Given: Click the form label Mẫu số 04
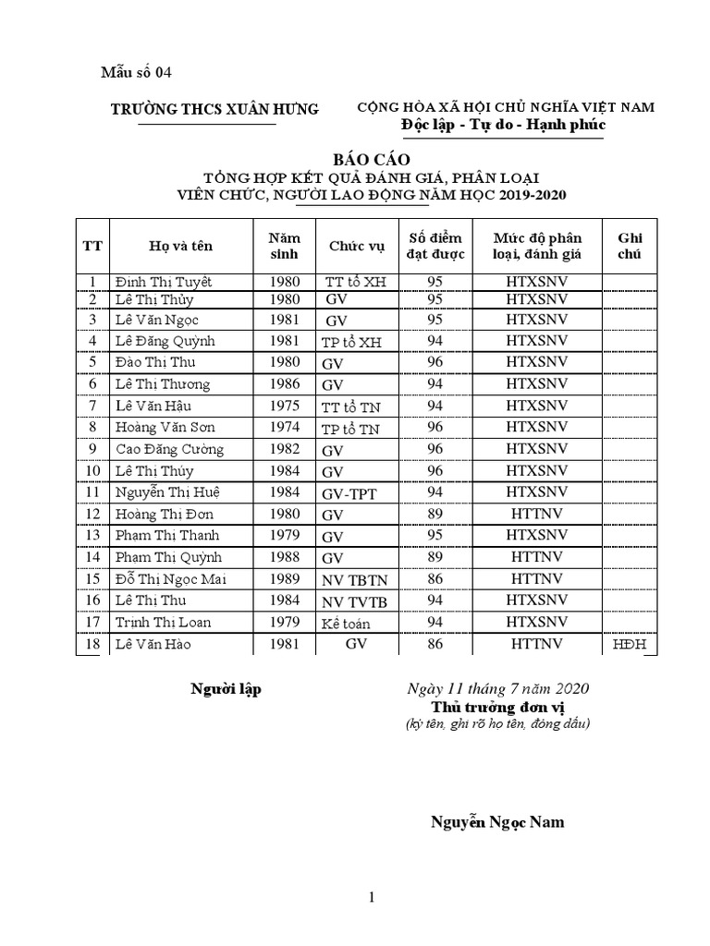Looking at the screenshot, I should pos(136,72).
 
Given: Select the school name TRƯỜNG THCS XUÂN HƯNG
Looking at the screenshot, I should pos(214,109).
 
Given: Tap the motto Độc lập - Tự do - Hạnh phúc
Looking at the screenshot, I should pos(504,126).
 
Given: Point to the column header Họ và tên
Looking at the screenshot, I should pos(181,246).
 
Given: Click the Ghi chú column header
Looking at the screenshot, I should pos(630,246).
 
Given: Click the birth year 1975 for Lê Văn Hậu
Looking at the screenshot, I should pos(284,406).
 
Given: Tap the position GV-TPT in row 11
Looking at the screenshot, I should pos(349,493).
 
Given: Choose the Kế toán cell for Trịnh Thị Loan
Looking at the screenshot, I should pos(345,624).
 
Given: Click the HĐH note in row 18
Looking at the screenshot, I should pos(630,644).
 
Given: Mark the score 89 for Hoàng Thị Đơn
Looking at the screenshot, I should pos(435,514).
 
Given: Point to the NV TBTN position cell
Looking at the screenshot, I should pos(352,580).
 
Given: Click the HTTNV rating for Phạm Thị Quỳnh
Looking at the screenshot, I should pos(536,557).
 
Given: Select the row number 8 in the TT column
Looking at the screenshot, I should pos(92,428).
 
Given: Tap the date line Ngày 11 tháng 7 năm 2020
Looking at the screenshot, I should pos(498,689).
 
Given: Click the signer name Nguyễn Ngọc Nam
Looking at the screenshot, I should pos(497,822).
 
